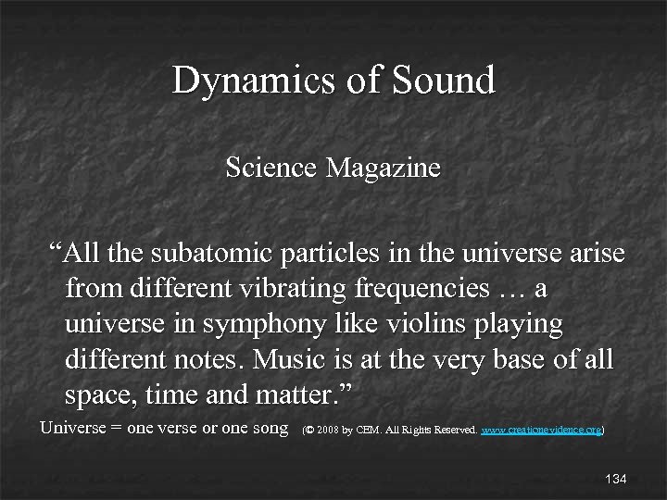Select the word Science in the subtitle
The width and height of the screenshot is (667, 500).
pos(271,169)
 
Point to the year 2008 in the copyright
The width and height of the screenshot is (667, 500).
pos(327,431)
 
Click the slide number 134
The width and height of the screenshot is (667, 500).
pos(615,479)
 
